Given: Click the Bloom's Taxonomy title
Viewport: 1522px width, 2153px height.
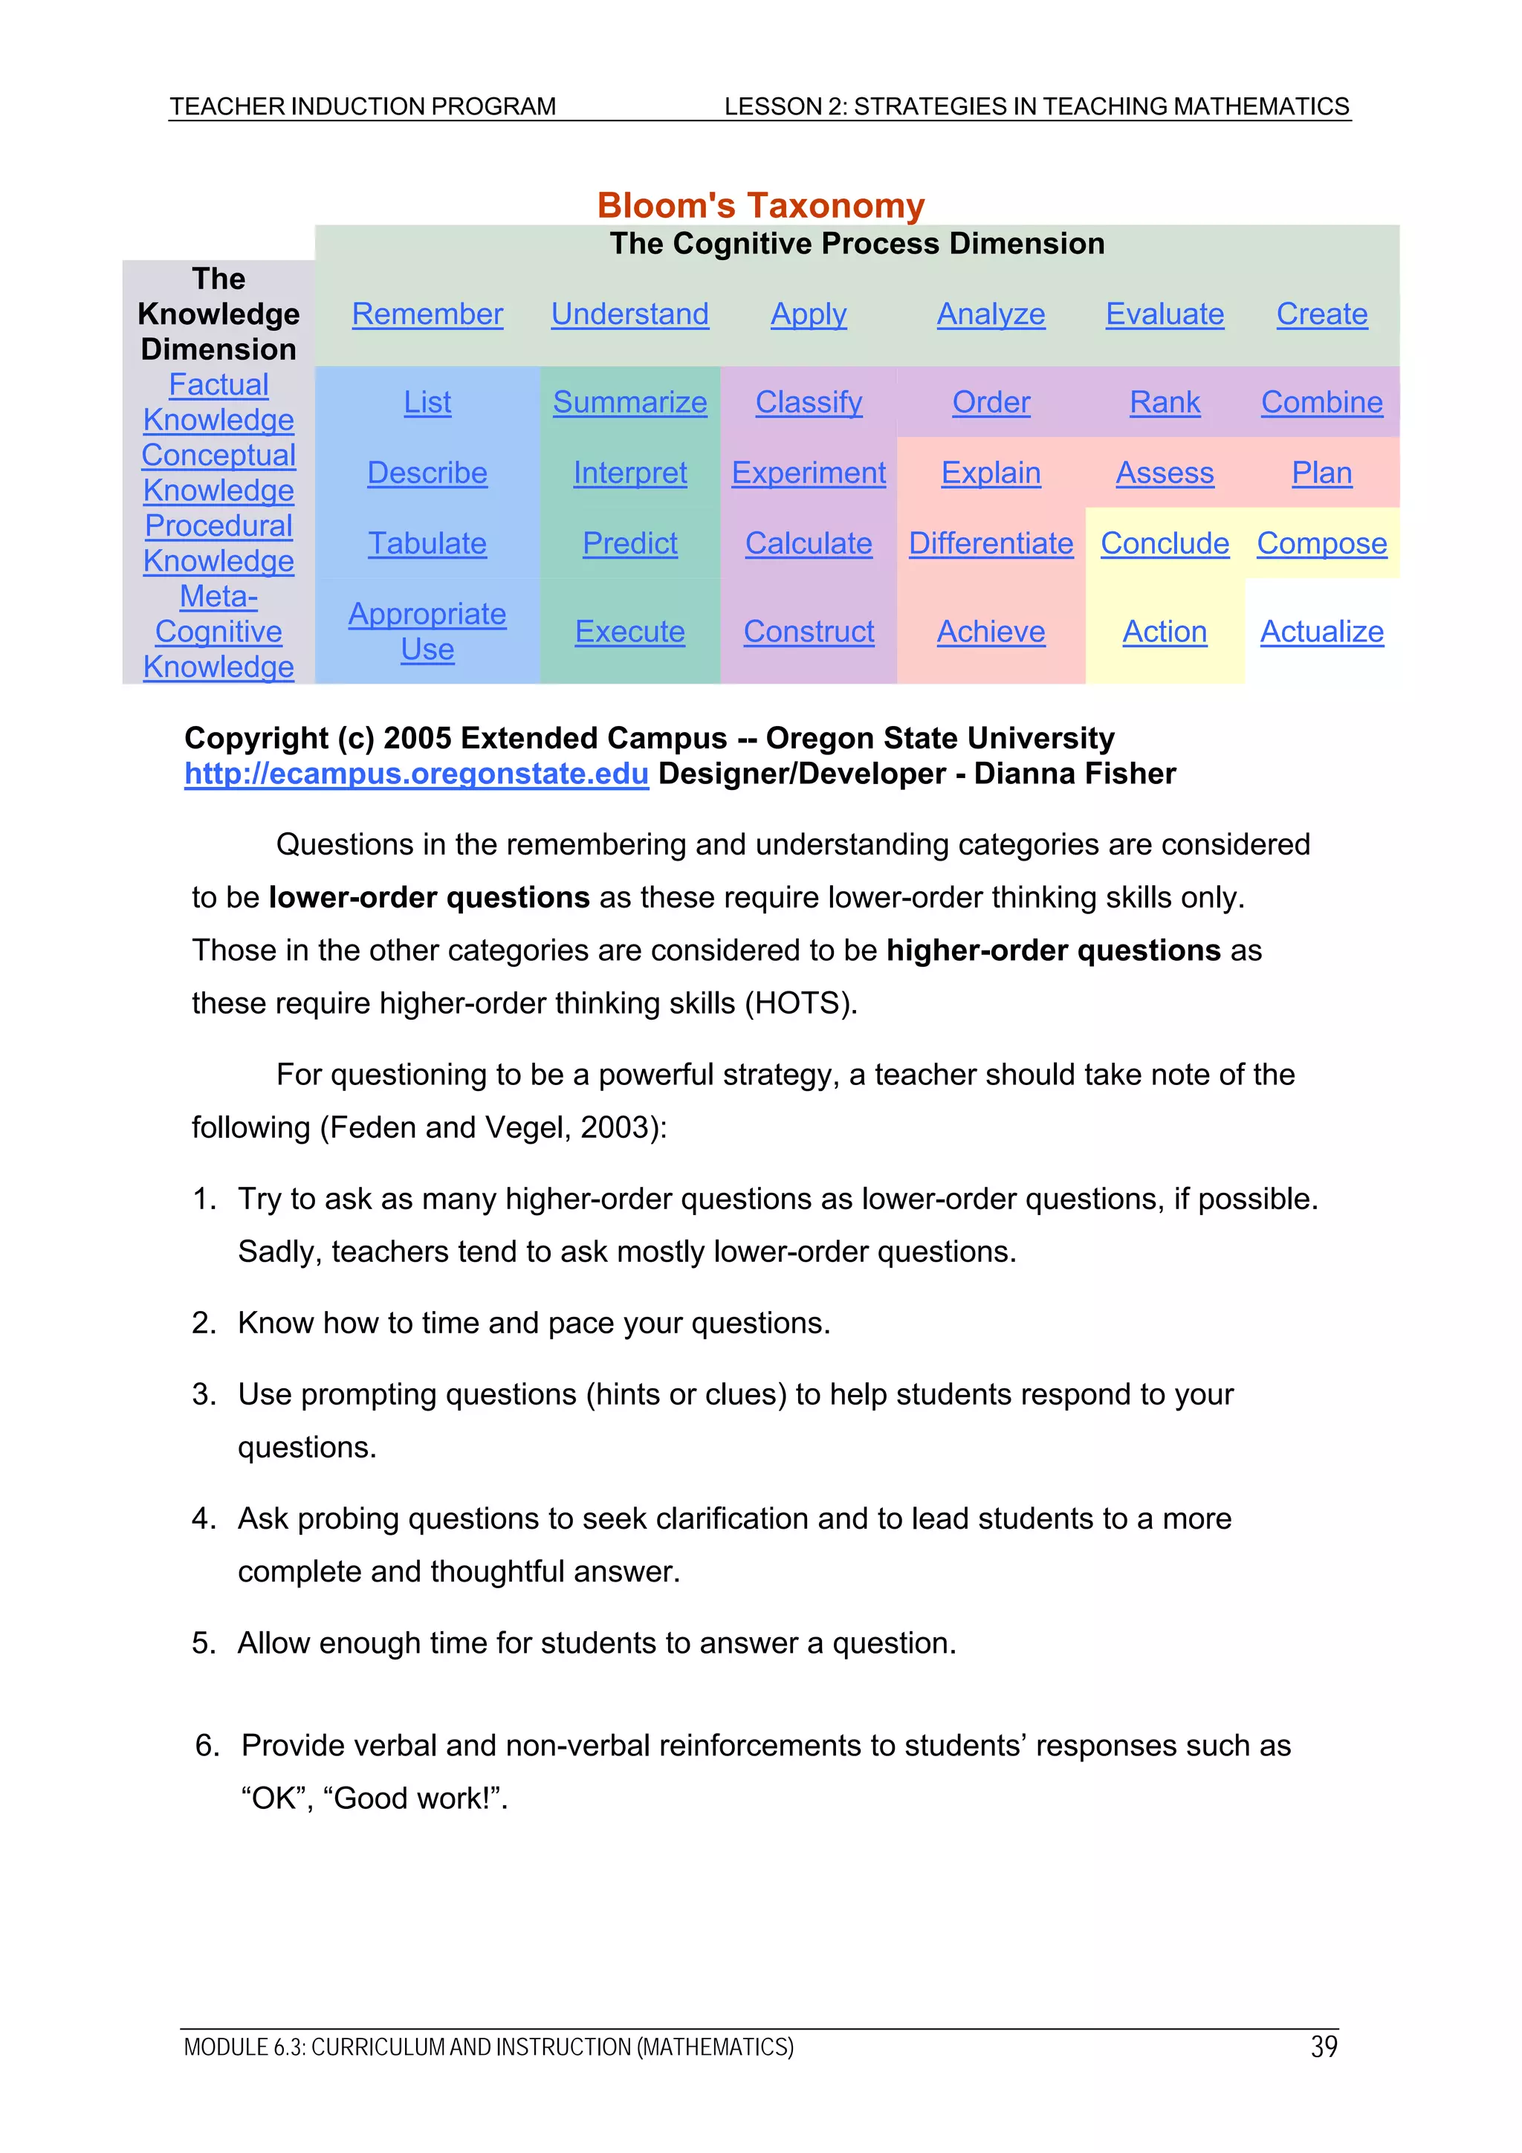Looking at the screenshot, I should [x=760, y=205].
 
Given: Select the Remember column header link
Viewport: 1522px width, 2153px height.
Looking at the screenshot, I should [x=427, y=314].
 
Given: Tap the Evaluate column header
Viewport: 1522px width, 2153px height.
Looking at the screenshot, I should [x=1164, y=314].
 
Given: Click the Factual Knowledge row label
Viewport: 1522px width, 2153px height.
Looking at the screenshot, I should [x=218, y=402].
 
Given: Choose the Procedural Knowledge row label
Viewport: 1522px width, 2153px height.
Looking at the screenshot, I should [x=218, y=543].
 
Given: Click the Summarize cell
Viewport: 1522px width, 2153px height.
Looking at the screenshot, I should [x=629, y=402].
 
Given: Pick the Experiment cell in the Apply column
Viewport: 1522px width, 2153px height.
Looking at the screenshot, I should [x=809, y=473].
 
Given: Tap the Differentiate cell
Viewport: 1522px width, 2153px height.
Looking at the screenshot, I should [x=991, y=543].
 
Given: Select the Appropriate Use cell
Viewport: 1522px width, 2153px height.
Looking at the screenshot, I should [x=427, y=631].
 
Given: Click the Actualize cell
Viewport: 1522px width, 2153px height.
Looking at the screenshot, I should [x=1321, y=631].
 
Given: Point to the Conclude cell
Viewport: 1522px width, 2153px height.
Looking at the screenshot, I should [x=1164, y=543].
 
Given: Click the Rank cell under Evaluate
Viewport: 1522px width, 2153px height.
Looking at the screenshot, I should [x=1164, y=402].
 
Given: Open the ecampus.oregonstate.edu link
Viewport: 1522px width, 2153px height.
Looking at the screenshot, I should [x=416, y=774].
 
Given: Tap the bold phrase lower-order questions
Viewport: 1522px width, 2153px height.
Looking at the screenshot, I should [x=429, y=898].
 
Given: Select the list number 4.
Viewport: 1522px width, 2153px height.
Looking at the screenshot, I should [x=203, y=1518].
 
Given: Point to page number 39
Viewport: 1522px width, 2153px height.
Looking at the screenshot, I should [x=1323, y=2046].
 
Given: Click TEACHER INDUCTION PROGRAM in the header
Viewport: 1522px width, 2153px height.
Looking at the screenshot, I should [x=363, y=107].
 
